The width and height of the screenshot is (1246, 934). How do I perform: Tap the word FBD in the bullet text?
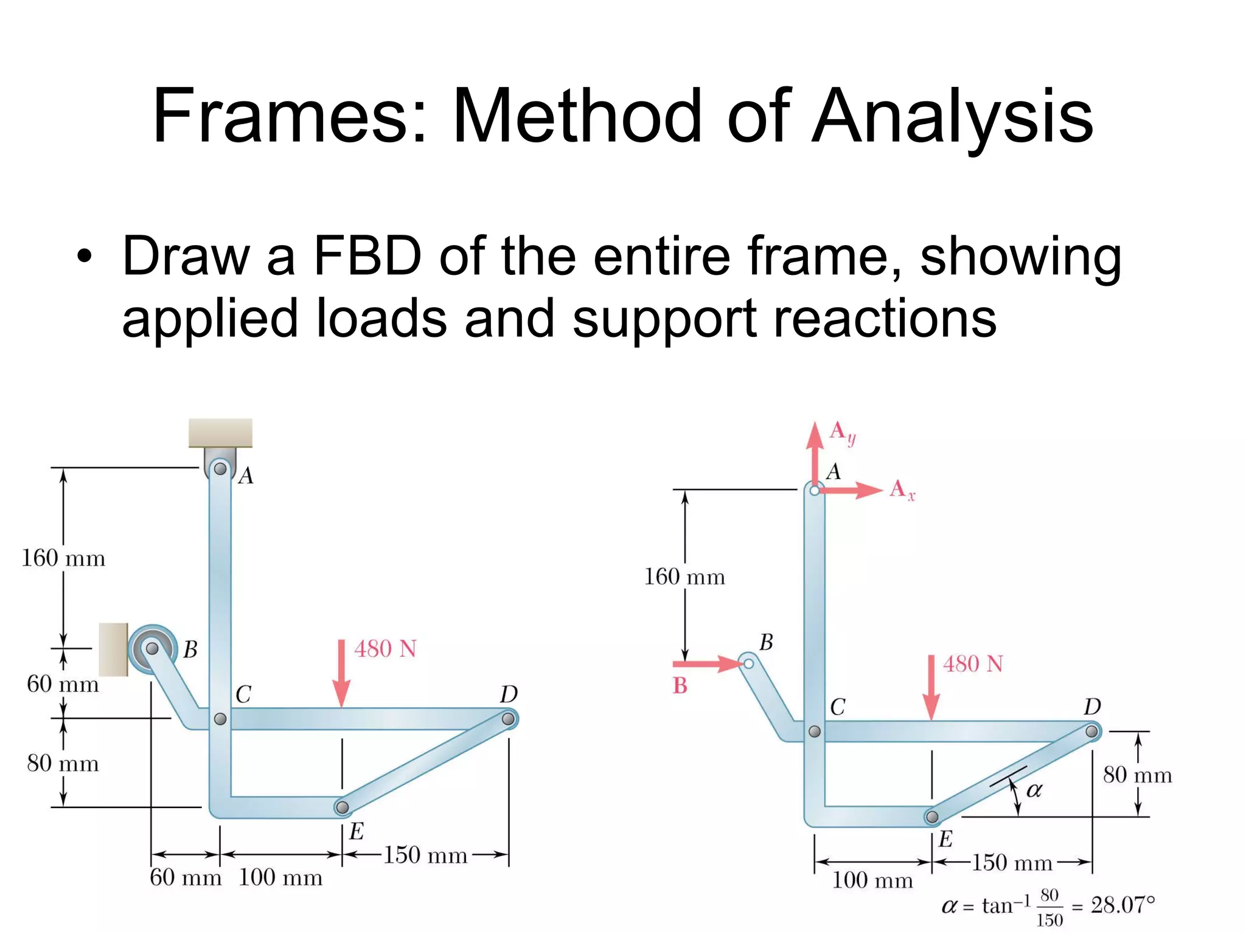tap(367, 255)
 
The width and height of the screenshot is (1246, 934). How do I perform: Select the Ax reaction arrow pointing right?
tap(852, 489)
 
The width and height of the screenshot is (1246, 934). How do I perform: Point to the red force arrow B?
tap(706, 663)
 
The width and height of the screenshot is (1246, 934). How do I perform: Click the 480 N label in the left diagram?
tap(385, 649)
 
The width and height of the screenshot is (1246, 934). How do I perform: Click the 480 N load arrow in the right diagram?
tap(931, 687)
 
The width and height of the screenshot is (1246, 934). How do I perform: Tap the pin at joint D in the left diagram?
tap(508, 719)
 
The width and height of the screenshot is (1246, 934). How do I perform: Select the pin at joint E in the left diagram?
tap(343, 807)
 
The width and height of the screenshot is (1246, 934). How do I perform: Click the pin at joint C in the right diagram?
tap(815, 732)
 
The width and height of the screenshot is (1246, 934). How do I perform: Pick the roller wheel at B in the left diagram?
tap(152, 649)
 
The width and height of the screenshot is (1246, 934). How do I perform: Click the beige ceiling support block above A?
tap(220, 432)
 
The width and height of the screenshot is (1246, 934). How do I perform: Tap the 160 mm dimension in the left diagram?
tap(63, 558)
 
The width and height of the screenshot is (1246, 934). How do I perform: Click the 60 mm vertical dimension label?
tap(63, 684)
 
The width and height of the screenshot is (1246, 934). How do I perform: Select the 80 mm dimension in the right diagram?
tap(1137, 775)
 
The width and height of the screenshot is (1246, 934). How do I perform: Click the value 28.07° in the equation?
tap(1122, 905)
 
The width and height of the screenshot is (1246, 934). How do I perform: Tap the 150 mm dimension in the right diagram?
tap(1012, 863)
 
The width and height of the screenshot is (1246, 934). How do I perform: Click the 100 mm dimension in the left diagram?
tap(280, 877)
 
